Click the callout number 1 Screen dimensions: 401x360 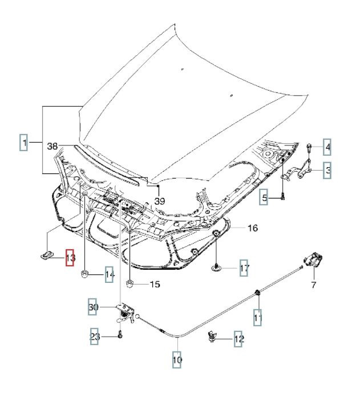[24, 141]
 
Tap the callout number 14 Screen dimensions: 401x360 [110, 276]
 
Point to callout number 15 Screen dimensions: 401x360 [155, 285]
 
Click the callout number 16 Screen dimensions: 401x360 [252, 228]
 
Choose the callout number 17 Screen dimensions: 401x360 [244, 268]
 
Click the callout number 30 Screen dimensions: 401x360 [94, 308]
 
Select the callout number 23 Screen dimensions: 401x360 [95, 337]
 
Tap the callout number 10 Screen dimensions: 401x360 [177, 361]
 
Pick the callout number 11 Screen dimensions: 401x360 [258, 317]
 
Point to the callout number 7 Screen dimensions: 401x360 [313, 285]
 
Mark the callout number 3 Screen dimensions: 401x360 [328, 169]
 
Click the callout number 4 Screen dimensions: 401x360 [327, 148]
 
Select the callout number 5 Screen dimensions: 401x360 [265, 199]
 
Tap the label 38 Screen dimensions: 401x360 [52, 147]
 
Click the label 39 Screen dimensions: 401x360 [159, 201]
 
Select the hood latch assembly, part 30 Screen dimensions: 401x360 [126, 312]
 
